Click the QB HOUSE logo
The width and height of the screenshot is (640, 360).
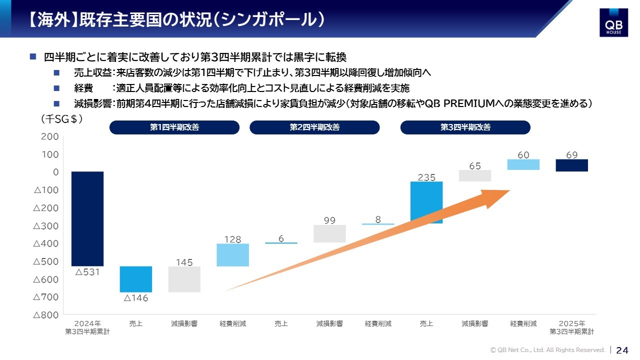(613, 22)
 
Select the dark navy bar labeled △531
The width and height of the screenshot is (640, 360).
(87, 219)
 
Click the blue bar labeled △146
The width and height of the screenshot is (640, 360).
(136, 279)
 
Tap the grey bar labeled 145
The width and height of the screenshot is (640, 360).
(184, 279)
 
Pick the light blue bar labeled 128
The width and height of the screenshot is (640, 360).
(233, 255)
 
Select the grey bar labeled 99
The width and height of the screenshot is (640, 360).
(329, 233)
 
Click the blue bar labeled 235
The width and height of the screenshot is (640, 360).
(426, 202)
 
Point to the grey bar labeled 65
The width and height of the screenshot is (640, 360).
(475, 175)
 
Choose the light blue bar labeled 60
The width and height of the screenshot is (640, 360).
(523, 164)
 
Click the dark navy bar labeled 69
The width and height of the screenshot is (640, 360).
(571, 165)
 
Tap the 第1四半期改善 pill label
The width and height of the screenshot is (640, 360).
(174, 127)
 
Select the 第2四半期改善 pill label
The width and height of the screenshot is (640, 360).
(314, 127)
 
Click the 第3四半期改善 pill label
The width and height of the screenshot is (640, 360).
(465, 127)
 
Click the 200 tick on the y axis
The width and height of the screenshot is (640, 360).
(50, 136)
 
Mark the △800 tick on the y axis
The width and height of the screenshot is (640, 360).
(46, 315)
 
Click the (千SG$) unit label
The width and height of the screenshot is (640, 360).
(61, 119)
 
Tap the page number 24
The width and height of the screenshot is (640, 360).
(622, 350)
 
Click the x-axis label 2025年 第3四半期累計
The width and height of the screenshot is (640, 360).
(571, 327)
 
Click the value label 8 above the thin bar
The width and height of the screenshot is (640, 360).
(378, 219)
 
